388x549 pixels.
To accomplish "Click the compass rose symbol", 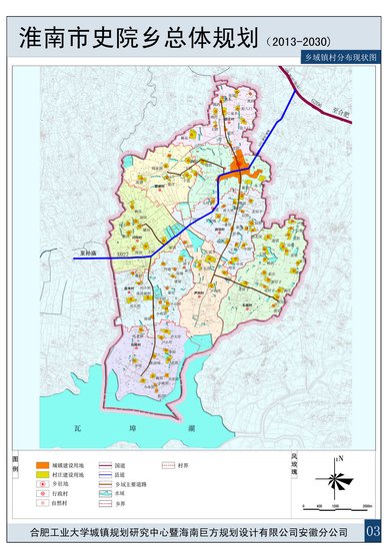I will (340, 484).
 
